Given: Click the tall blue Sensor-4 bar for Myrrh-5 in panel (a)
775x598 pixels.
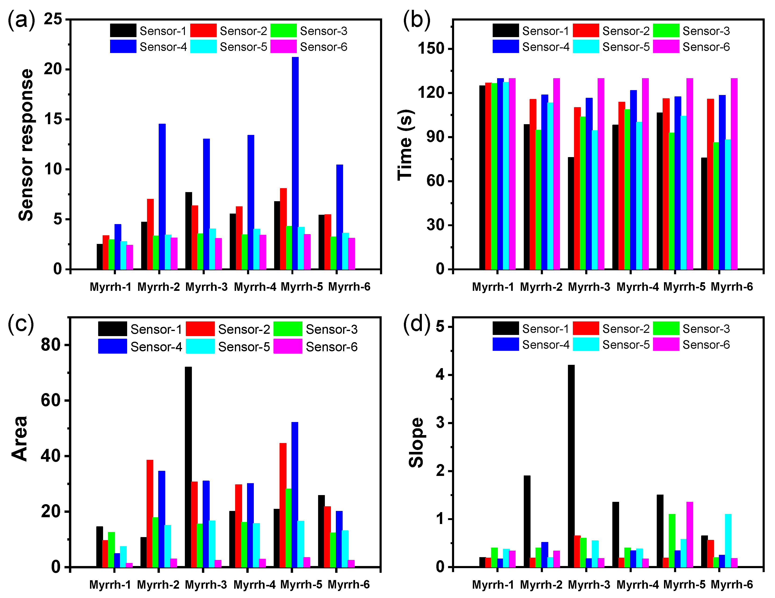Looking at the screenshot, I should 295,163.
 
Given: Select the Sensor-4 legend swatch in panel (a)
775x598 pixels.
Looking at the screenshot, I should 123,46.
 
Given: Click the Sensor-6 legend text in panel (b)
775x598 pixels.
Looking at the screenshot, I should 706,47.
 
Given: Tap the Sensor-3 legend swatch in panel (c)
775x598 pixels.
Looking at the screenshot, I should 288,329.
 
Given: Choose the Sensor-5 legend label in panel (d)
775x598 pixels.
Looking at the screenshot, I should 626,345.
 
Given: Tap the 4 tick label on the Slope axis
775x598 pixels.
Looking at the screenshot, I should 440,375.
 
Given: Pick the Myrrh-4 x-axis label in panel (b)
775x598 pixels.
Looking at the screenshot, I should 637,287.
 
